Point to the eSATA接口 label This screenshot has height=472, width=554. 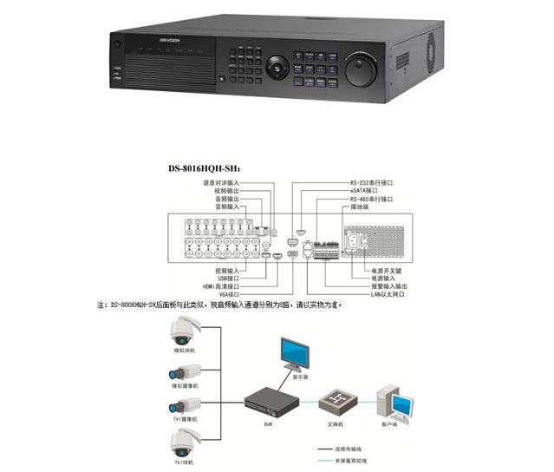pyautogui.click(x=364, y=192)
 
